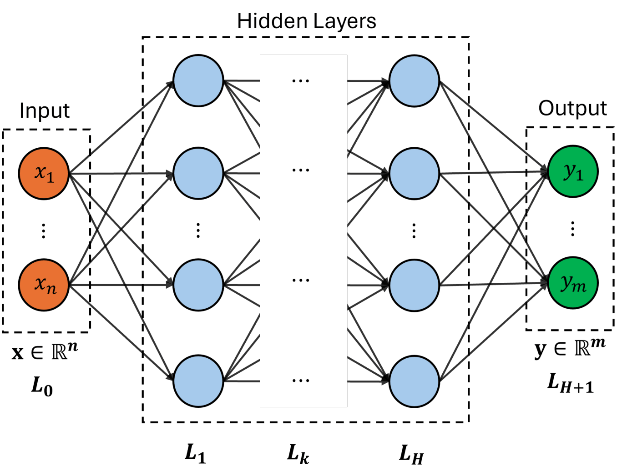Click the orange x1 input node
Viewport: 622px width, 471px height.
pyautogui.click(x=44, y=173)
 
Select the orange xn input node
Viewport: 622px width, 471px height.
pyautogui.click(x=44, y=285)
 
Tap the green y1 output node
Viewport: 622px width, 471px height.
pyautogui.click(x=572, y=171)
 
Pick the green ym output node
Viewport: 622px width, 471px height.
pyautogui.click(x=572, y=283)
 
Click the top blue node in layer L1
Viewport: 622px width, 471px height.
pyautogui.click(x=198, y=81)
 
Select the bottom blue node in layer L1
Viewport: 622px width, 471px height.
pyautogui.click(x=198, y=381)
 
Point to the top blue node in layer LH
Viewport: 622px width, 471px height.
pyautogui.click(x=414, y=81)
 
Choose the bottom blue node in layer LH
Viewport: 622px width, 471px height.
pyautogui.click(x=414, y=381)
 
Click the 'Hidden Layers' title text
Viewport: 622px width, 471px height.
pyautogui.click(x=307, y=21)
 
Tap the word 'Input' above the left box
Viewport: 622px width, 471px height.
pyautogui.click(x=45, y=110)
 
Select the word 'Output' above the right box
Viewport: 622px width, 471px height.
pyautogui.click(x=572, y=108)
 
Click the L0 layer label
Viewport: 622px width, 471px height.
pyautogui.click(x=42, y=386)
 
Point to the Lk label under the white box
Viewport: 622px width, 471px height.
pyautogui.click(x=298, y=454)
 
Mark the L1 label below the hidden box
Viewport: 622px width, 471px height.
pyautogui.click(x=195, y=453)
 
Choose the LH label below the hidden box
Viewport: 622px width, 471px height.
pyautogui.click(x=411, y=454)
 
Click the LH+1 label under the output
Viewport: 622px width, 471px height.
pyautogui.click(x=571, y=383)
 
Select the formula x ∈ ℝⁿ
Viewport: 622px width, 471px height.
pyautogui.click(x=45, y=351)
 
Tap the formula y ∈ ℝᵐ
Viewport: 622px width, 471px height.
pyautogui.click(x=570, y=348)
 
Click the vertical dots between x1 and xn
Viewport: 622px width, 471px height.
pyautogui.click(x=44, y=230)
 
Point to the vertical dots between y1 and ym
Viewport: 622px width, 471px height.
pyautogui.click(x=572, y=229)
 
